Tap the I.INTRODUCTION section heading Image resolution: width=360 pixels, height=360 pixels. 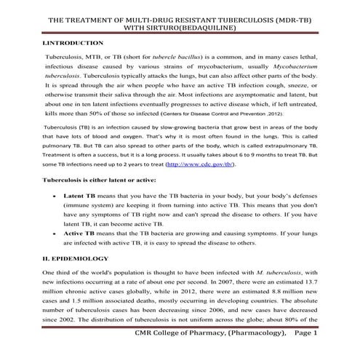click(72, 44)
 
